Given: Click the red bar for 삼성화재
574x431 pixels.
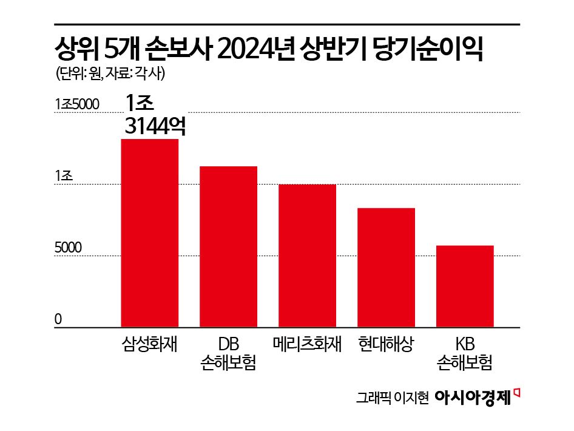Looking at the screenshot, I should click(150, 233).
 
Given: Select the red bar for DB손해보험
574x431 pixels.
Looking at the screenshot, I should click(229, 246).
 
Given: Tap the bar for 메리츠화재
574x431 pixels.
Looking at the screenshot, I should click(307, 256).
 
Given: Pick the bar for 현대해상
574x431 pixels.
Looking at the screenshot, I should click(386, 268).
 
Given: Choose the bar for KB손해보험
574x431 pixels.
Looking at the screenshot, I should click(465, 287).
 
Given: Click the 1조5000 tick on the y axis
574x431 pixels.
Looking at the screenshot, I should click(76, 104).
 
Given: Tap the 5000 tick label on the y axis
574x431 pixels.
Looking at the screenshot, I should click(68, 248).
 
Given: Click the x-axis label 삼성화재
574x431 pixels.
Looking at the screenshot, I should click(150, 344).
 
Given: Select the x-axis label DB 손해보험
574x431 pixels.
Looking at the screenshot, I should click(228, 353).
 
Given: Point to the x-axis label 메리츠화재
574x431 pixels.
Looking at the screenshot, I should click(307, 344).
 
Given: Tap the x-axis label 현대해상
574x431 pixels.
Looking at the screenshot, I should click(386, 344).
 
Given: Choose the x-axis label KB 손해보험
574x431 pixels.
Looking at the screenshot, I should click(465, 353).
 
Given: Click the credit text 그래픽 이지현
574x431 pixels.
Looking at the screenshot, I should click(393, 398).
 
